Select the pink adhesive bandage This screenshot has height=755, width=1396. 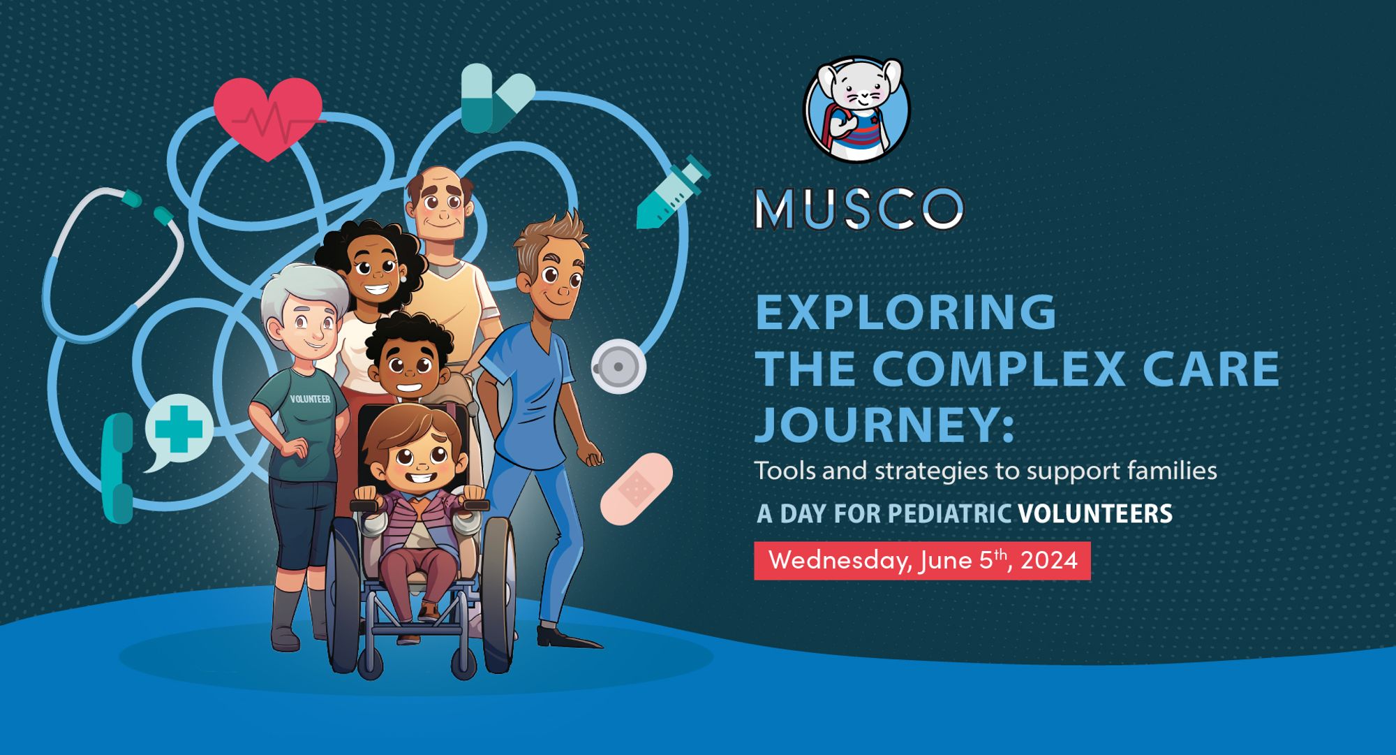pyautogui.click(x=636, y=488)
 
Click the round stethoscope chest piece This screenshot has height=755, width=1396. pyautogui.click(x=618, y=366)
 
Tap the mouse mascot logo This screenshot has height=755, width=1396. pyautogui.click(x=857, y=110)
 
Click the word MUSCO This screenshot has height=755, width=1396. pyautogui.click(x=859, y=209)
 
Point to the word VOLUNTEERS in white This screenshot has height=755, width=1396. pyautogui.click(x=1095, y=513)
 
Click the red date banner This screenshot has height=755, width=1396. pyautogui.click(x=922, y=560)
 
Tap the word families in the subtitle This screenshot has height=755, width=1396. pyautogui.click(x=1172, y=471)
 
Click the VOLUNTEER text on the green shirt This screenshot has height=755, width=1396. pyautogui.click(x=310, y=399)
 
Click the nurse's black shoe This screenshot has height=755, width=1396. pyautogui.click(x=566, y=638)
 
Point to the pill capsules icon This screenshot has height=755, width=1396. pyautogui.click(x=496, y=98)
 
